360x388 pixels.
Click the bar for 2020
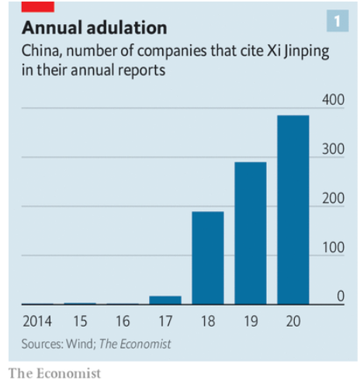click(293, 210)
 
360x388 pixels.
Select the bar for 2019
click(251, 233)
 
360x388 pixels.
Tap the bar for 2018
click(207, 258)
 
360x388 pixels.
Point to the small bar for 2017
click(165, 300)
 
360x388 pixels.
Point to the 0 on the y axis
click(340, 296)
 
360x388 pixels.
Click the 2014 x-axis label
click(37, 320)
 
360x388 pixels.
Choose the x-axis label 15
click(80, 320)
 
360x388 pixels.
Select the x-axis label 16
click(123, 320)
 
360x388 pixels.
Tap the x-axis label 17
click(165, 320)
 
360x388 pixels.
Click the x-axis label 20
click(293, 320)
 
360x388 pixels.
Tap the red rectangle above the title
click(38, 6)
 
